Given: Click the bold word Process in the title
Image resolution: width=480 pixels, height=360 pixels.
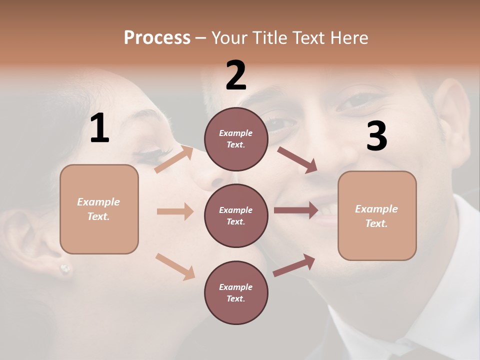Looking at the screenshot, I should pyautogui.click(x=157, y=37).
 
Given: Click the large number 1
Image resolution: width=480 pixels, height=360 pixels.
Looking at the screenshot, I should pyautogui.click(x=99, y=128).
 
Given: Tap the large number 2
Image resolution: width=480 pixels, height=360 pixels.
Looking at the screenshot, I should pyautogui.click(x=236, y=75).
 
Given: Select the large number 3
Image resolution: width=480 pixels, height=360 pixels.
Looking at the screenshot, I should pyautogui.click(x=376, y=136).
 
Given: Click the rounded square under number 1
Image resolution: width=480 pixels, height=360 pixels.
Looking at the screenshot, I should pyautogui.click(x=99, y=209).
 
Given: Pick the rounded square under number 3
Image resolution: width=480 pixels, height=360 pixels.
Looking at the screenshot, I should pyautogui.click(x=377, y=215).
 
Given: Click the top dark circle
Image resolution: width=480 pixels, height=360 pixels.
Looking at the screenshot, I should pyautogui.click(x=236, y=139).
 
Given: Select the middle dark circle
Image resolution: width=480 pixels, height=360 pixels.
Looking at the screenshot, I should pyautogui.click(x=236, y=215).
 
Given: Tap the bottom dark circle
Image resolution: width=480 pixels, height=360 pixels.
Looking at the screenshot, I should pyautogui.click(x=236, y=292).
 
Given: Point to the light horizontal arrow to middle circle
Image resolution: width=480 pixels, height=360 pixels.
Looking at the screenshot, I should pyautogui.click(x=175, y=211).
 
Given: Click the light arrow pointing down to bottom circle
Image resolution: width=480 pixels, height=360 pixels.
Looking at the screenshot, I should pyautogui.click(x=175, y=266).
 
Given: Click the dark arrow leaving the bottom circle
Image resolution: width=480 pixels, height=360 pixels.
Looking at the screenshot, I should pyautogui.click(x=294, y=265).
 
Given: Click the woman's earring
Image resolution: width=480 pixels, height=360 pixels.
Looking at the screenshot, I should pyautogui.click(x=65, y=269).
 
